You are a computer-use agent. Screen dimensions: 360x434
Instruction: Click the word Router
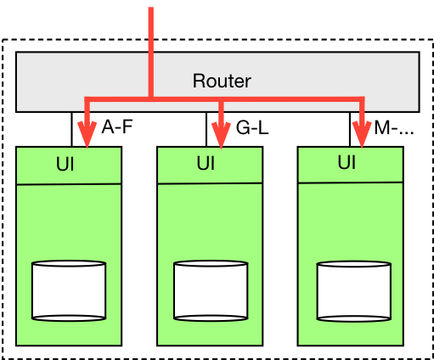click(x=222, y=82)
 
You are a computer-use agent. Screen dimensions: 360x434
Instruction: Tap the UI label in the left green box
click(x=65, y=165)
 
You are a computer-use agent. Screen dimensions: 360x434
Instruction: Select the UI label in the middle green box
click(x=206, y=163)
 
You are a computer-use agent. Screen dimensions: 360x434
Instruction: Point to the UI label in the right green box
click(x=346, y=162)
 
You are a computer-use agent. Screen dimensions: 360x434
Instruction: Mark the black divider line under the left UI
click(x=69, y=183)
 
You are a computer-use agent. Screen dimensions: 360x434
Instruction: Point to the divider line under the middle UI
click(x=210, y=183)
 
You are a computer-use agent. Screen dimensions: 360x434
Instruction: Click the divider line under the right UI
click(x=351, y=182)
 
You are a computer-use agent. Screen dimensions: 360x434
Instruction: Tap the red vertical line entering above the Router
click(x=151, y=30)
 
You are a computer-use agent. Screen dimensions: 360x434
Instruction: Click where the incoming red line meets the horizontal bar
click(x=151, y=99)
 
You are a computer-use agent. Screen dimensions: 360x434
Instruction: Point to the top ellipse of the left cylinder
click(x=69, y=265)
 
